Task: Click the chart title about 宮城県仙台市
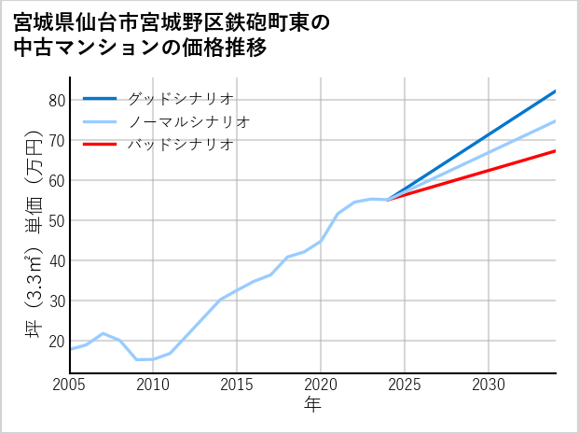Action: pyautogui.click(x=172, y=35)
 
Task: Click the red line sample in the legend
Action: pyautogui.click(x=100, y=145)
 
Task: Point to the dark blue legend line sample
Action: pyautogui.click(x=100, y=98)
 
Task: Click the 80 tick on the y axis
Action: pyautogui.click(x=56, y=100)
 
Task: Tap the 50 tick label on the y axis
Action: pyautogui.click(x=56, y=220)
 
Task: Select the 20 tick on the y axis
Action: pyautogui.click(x=56, y=341)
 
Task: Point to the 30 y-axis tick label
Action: pyautogui.click(x=56, y=301)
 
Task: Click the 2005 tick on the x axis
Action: pyautogui.click(x=70, y=385)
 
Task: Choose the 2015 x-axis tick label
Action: pyautogui.click(x=237, y=385)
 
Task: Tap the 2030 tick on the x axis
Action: pyautogui.click(x=489, y=385)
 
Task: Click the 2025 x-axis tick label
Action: pyautogui.click(x=405, y=385)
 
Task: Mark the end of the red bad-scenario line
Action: pyautogui.click(x=555, y=151)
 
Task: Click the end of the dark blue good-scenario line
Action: pyautogui.click(x=555, y=91)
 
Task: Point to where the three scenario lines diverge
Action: pyautogui.click(x=388, y=199)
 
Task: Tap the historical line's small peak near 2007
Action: pyautogui.click(x=103, y=333)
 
